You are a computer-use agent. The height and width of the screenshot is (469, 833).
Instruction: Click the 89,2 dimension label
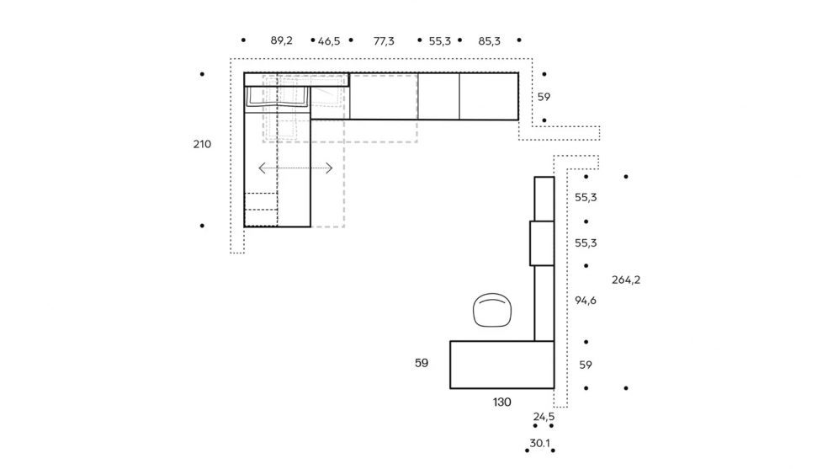tap(282, 40)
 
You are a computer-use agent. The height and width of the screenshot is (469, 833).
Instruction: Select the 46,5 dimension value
tap(329, 41)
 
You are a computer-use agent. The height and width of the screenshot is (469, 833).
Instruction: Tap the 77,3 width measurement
tap(384, 41)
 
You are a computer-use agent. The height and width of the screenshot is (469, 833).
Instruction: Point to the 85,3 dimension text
tap(489, 41)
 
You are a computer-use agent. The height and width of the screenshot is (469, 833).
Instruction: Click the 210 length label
tap(202, 144)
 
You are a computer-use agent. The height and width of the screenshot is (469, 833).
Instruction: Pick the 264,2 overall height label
tap(626, 280)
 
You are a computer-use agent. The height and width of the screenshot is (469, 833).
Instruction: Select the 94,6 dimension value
tap(586, 301)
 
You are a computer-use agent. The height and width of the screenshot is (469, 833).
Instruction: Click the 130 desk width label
tap(502, 402)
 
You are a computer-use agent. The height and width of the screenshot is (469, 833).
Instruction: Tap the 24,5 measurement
tap(544, 416)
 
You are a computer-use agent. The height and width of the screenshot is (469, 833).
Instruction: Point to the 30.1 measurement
tap(539, 443)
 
